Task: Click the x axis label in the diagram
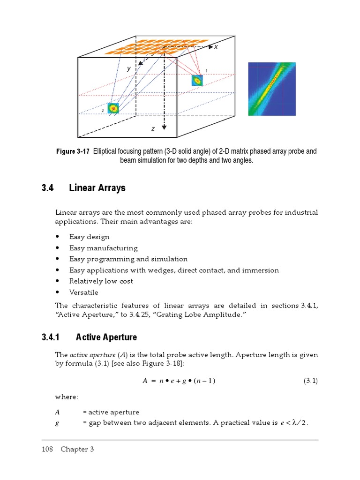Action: (216, 47)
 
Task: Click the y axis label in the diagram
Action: (128, 68)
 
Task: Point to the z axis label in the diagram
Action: (153, 128)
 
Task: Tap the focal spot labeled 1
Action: (197, 81)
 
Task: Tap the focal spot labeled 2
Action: (113, 108)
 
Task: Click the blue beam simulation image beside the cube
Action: (272, 89)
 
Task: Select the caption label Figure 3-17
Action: (73, 151)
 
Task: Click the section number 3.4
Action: (48, 188)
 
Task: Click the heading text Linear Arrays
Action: (97, 188)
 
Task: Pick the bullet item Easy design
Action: (89, 237)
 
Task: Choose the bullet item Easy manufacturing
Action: (103, 248)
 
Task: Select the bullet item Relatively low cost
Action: (101, 281)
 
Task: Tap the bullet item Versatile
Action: (83, 292)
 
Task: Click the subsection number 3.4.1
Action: (52, 337)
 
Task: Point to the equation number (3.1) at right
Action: (310, 381)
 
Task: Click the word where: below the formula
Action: (66, 397)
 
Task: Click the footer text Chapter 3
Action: (77, 449)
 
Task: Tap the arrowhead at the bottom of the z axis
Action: (164, 127)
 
